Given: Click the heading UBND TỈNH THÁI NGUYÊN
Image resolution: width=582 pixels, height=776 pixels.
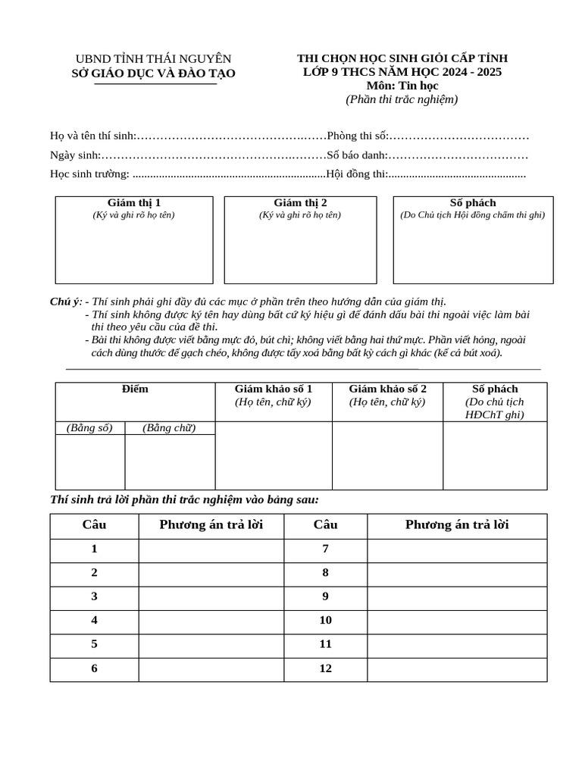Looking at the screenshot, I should coord(153,59).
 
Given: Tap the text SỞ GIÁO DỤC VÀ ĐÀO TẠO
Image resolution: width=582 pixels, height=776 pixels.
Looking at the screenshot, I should coord(153,74).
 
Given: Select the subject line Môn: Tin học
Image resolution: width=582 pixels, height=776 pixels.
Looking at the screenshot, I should coord(402,86).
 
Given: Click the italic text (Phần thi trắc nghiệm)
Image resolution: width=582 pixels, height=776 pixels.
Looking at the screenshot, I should coord(402,99).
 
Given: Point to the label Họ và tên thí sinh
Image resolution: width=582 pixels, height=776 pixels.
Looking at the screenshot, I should coord(92,136).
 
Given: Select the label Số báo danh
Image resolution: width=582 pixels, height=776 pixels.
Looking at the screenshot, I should coord(357,155).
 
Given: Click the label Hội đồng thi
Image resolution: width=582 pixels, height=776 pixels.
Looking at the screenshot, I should coord(356,174).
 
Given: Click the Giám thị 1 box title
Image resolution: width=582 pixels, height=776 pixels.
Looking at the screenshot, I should coord(134,203).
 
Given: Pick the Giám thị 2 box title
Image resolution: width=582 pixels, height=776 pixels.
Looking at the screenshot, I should coord(300,203).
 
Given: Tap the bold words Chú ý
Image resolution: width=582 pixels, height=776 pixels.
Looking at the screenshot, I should coord(65,302).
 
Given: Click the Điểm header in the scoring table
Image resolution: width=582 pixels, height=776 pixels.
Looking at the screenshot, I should coord(135,390).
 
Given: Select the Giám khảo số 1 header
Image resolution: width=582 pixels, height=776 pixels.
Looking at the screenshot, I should coord(274,390).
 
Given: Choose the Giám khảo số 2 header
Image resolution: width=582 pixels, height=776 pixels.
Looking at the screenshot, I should coord(387,390).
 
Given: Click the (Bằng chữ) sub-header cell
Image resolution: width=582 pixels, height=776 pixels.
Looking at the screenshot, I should coord(169,428).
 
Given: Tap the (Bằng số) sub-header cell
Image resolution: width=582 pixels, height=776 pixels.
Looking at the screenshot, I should coord(89,428).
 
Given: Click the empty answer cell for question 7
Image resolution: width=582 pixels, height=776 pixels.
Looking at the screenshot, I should coord(457,550).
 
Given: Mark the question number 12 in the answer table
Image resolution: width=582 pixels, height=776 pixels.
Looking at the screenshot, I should coord(325,669).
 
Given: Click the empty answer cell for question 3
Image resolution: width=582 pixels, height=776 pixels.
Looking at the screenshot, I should coord(211,597).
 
